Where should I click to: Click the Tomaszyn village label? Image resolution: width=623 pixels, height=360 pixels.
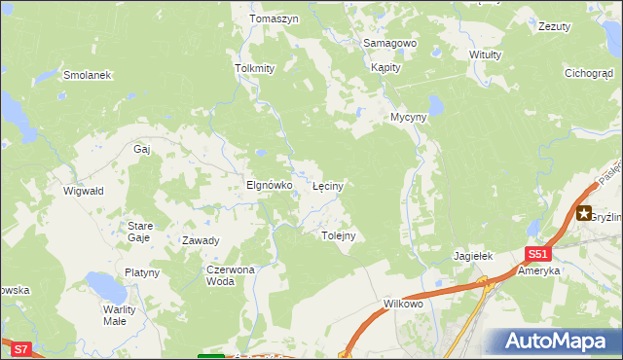273,18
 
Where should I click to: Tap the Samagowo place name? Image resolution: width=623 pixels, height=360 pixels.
389,44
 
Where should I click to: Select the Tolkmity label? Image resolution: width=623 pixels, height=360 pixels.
255,68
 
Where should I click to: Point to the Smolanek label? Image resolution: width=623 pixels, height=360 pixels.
88,75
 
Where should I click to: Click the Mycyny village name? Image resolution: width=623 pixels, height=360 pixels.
409,117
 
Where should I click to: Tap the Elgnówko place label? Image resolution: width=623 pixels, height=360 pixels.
269,184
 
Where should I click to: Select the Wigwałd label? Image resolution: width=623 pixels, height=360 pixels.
83,191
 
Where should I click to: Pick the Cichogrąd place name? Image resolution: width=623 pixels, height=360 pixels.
589,73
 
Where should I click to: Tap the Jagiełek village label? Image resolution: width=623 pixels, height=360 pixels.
474,256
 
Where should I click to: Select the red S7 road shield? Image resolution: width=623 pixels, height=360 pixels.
20,347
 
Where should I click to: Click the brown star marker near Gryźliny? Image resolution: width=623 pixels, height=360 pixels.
584,214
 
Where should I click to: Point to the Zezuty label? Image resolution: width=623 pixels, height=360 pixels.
554,26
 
